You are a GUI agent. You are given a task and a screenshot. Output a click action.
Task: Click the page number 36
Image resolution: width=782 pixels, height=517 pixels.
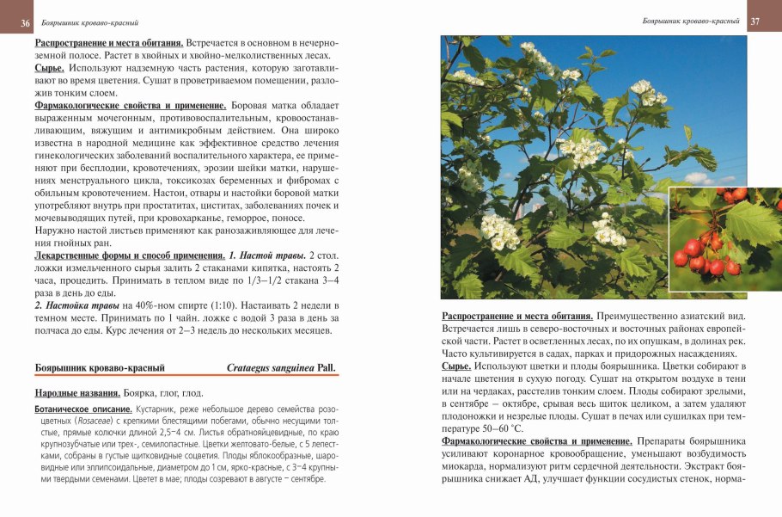click(x=26, y=22)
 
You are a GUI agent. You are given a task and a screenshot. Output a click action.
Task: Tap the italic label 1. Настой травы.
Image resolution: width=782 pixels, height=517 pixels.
click(x=266, y=256)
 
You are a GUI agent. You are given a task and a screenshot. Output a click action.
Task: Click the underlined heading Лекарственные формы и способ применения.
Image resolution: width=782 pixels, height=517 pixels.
click(x=129, y=256)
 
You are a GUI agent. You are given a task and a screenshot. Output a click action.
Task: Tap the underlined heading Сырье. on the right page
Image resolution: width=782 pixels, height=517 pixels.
click(x=456, y=366)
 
